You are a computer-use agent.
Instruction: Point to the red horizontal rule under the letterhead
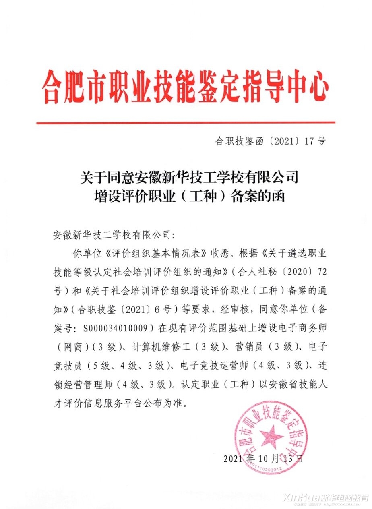186,122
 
